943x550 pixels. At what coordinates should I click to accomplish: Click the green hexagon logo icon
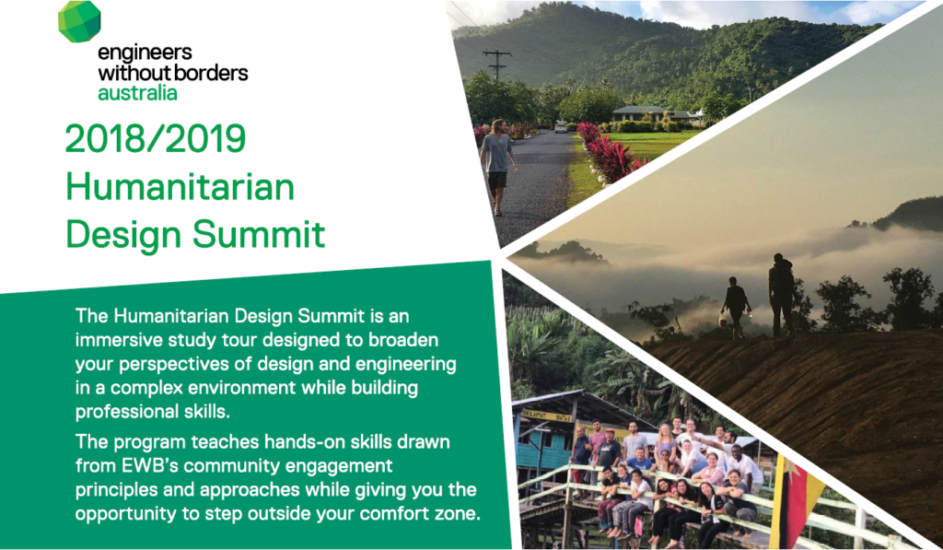point(78,21)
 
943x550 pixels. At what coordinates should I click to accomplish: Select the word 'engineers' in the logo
point(144,53)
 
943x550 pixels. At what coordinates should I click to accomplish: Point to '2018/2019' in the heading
point(156,138)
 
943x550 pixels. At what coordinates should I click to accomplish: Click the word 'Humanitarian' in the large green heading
point(180,187)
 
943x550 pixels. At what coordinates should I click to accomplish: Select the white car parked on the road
point(560,126)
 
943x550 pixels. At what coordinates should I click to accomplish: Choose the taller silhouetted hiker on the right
point(781,292)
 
